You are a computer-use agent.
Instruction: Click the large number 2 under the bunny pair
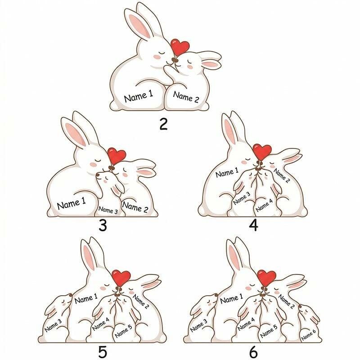163,125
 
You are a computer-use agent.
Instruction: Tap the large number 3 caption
103,225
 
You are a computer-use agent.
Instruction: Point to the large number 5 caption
103,352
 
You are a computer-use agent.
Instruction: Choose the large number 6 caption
253,352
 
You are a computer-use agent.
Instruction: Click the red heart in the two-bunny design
180,47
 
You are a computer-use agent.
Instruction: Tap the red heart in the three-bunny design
117,156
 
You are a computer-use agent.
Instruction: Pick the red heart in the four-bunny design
262,152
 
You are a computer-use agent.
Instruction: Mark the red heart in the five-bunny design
121,278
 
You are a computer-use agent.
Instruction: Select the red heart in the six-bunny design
266,278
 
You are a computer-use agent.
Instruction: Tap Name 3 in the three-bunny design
108,210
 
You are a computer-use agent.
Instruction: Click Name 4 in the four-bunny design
264,205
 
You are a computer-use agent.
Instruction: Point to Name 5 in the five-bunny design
123,331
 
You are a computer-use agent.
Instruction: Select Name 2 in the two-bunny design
186,97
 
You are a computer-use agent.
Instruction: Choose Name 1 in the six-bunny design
231,298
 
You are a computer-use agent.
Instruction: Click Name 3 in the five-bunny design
53,325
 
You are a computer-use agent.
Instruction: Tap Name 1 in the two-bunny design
139,96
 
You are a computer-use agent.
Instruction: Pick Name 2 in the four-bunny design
282,175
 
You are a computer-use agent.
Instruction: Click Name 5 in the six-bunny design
269,331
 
